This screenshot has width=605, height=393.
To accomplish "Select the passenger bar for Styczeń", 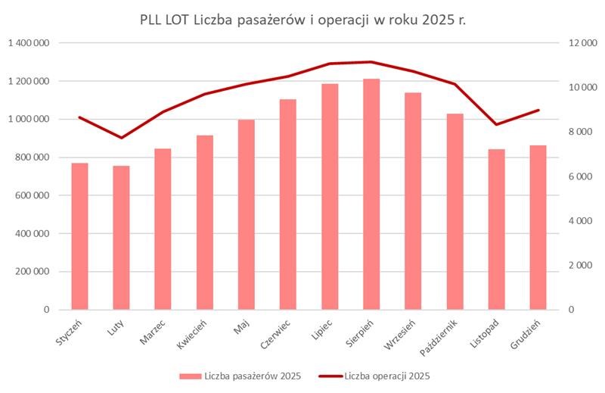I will (x=79, y=236).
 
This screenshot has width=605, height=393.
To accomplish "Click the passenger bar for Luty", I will (x=121, y=238).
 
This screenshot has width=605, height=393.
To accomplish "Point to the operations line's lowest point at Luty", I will (x=121, y=138).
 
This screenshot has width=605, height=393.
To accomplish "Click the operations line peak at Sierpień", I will (x=371, y=62).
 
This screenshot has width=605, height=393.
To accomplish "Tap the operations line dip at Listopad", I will (x=496, y=124).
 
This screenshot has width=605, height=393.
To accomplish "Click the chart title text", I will (x=302, y=19).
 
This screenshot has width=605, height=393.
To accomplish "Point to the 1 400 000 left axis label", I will (x=29, y=43).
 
